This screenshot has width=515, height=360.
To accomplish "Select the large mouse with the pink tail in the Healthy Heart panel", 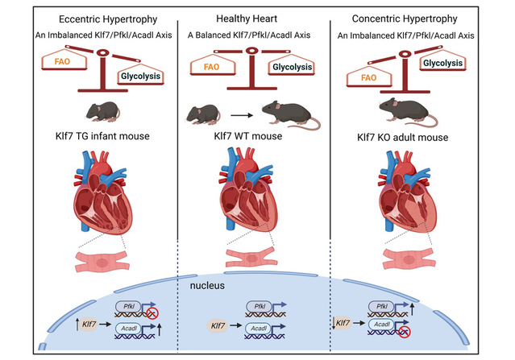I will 289,117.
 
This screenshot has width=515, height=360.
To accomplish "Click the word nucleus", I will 209,286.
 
